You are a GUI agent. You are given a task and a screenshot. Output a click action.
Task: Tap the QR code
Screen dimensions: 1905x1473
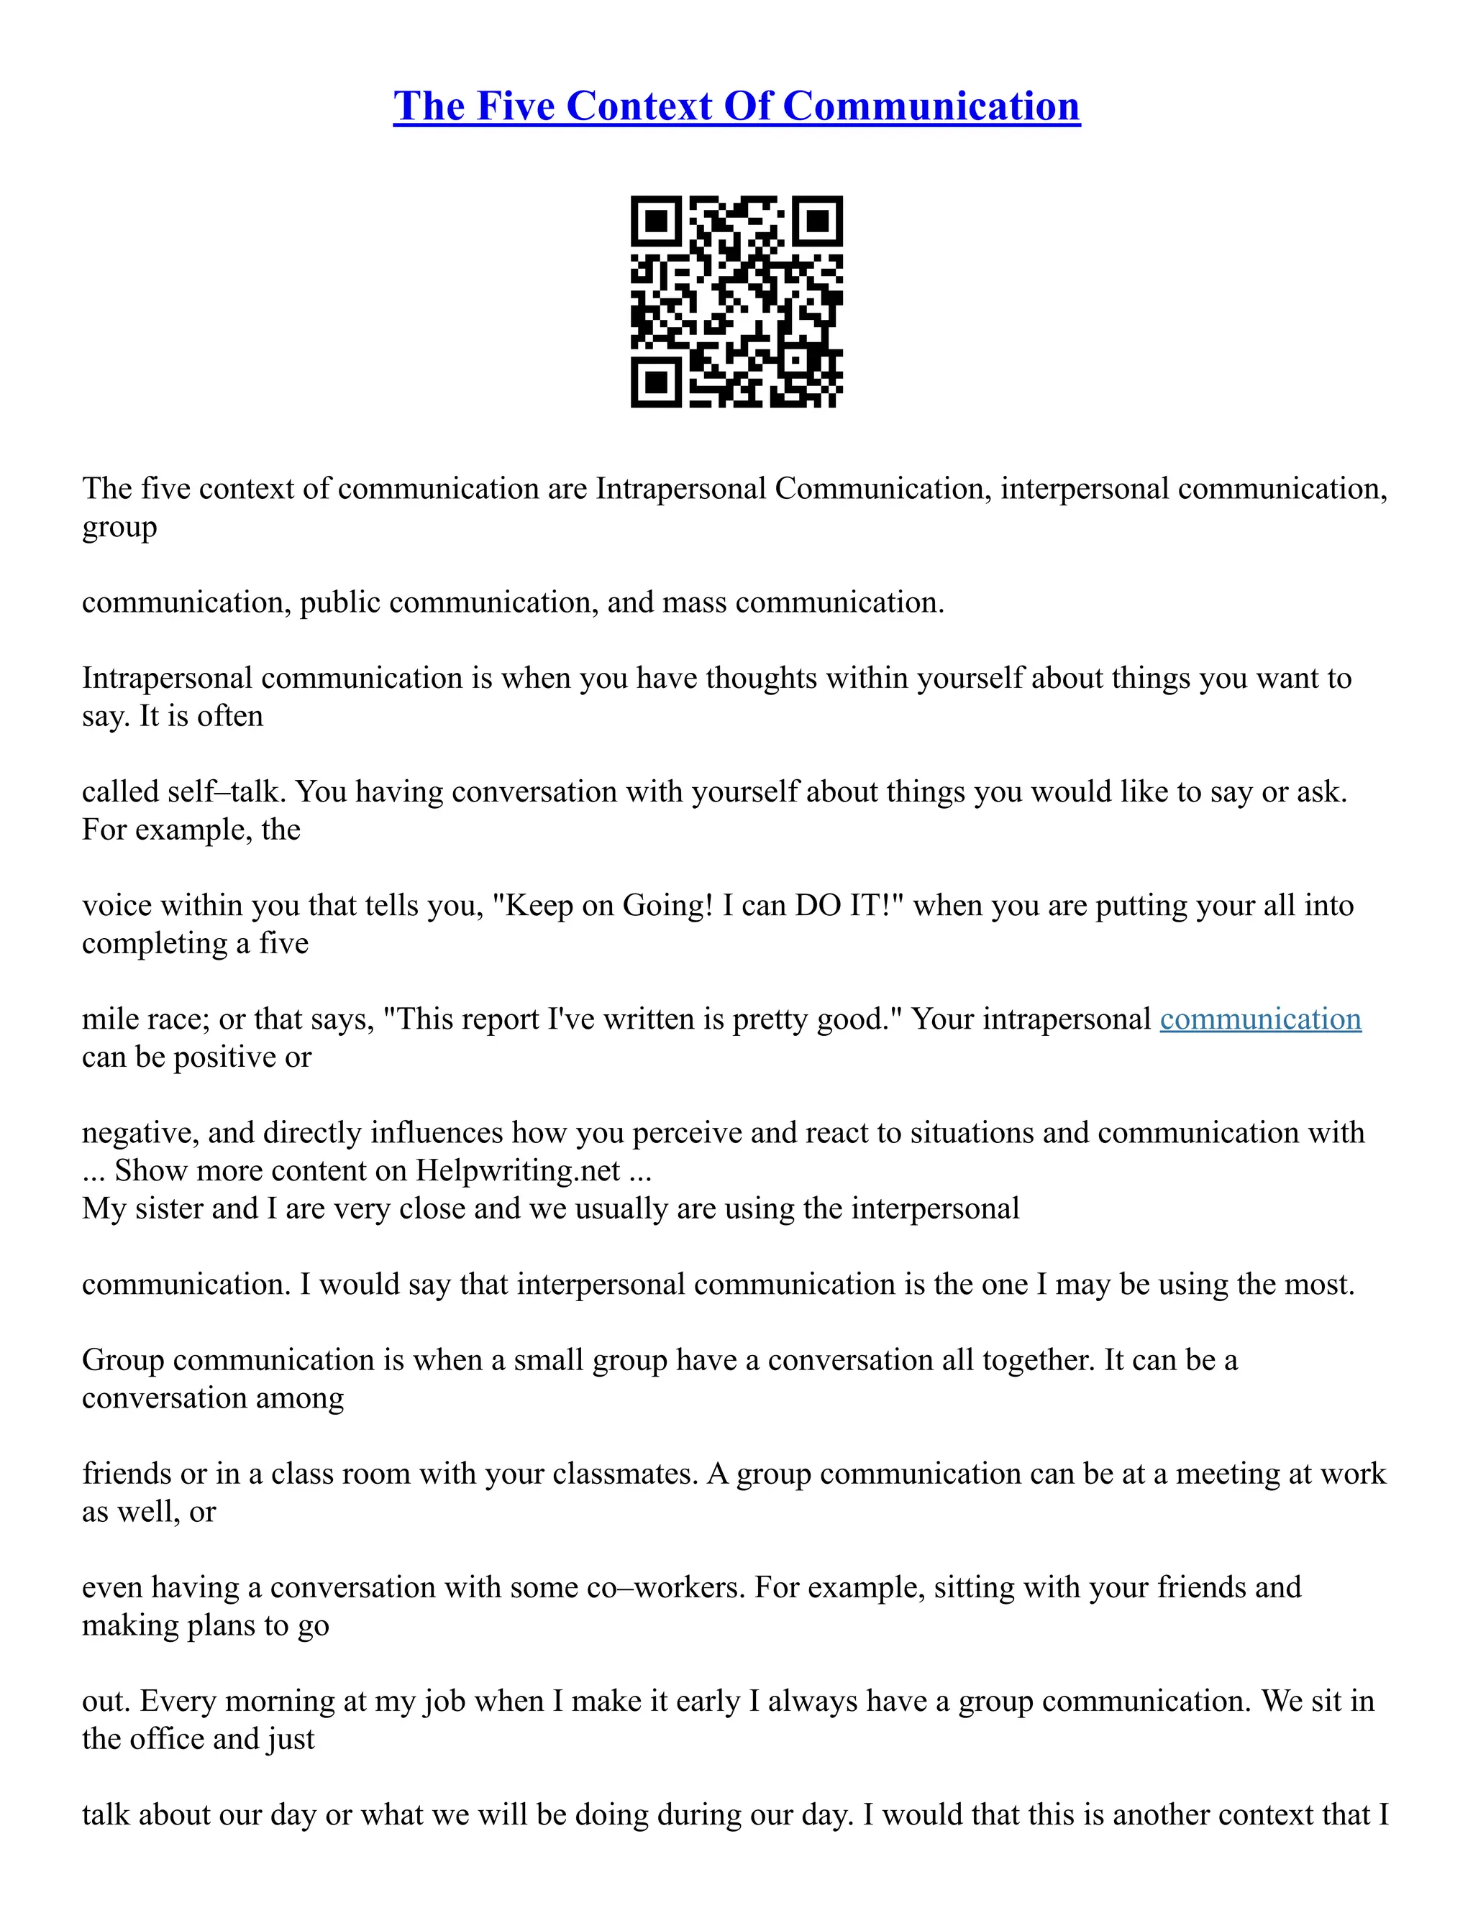[736, 301]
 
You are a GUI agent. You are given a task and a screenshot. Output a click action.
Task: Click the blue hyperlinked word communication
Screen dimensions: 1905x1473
[1260, 1019]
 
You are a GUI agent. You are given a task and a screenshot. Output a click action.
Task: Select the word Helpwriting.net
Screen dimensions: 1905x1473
[517, 1170]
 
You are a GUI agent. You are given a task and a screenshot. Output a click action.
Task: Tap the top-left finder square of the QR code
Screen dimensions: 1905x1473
[655, 221]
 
